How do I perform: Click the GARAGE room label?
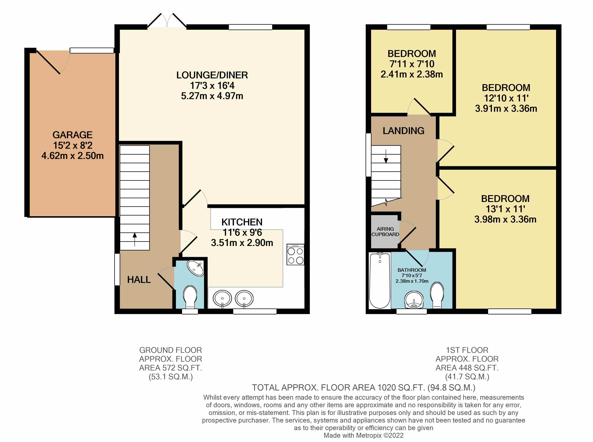point(72,135)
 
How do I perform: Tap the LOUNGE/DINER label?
point(212,75)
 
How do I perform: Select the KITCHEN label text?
point(242,222)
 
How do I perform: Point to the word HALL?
point(139,280)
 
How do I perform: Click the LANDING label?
point(404,131)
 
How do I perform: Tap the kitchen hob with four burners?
point(295,254)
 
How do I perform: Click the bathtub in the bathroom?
point(380,280)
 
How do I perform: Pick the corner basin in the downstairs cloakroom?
point(196,268)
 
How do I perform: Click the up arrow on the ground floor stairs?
point(135,239)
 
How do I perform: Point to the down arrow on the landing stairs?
point(386,156)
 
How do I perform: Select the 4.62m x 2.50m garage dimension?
point(72,156)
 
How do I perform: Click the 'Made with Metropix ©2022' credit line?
point(363,435)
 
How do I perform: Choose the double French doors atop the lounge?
point(167,21)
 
